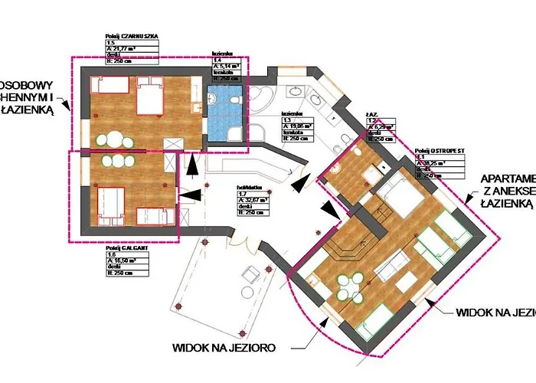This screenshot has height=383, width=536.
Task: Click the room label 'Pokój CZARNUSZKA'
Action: pos(132,35)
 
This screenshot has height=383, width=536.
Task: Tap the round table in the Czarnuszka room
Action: pos(116,140)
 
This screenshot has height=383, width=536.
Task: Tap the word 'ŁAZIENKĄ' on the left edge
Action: pos(27,110)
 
